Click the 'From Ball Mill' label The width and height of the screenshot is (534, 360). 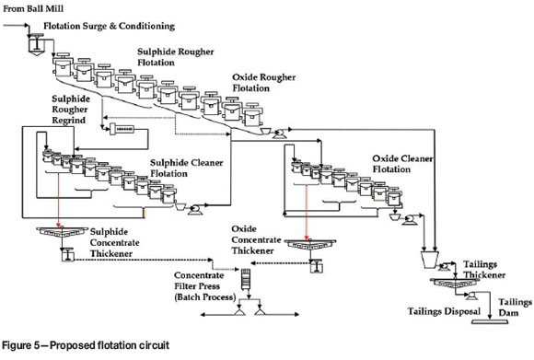33,8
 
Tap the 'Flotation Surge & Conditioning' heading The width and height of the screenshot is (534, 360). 109,26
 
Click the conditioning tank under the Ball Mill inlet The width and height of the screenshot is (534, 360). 36,44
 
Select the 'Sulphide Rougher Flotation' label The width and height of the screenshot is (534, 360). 175,57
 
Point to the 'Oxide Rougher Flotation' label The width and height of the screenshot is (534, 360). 263,83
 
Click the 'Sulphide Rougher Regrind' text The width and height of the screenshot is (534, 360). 71,110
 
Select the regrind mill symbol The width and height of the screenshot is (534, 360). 122,129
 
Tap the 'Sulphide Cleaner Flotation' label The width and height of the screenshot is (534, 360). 186,168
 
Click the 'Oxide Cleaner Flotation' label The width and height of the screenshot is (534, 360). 402,164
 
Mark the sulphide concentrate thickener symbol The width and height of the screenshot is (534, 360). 62,232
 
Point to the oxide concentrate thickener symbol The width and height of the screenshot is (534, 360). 310,244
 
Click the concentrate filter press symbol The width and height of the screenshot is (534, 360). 246,279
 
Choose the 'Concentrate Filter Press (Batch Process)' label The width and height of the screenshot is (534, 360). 204,286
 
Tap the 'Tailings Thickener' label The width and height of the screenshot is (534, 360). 484,270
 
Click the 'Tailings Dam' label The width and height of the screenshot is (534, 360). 515,308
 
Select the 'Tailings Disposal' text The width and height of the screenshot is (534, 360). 444,311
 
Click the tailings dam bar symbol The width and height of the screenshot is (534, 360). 490,321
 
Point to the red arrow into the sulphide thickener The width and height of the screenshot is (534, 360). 59,200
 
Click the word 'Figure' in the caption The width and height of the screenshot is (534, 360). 17,345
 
